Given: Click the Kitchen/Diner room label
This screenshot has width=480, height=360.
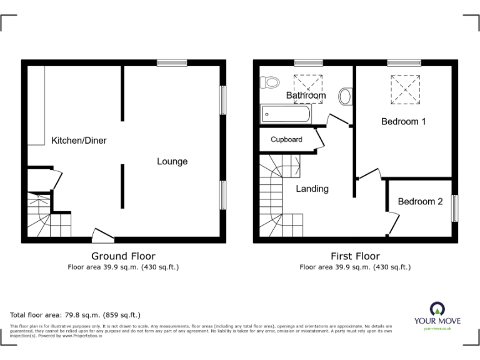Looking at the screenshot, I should tap(79, 141).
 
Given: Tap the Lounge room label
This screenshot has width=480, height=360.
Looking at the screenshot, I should tap(172, 162).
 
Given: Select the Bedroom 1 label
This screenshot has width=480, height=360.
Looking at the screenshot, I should tap(404, 122).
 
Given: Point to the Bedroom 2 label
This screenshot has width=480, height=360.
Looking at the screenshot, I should tap(420, 202).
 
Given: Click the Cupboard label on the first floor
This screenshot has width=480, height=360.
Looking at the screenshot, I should tap(286, 139).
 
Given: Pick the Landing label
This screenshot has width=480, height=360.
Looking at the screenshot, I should tap(312, 189).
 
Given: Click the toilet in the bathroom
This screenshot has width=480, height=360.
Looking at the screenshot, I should tap(271, 82).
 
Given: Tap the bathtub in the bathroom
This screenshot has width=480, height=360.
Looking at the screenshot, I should tap(285, 114).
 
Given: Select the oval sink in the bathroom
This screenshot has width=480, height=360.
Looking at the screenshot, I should tap(345, 97).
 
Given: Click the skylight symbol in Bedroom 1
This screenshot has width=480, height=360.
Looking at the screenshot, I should tap(405, 89).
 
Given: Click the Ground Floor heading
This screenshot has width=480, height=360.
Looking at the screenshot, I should tap(123, 256).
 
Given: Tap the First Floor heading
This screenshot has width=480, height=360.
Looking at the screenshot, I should tap(355, 256).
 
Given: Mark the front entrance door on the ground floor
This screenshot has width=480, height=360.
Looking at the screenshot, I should tap(102, 236).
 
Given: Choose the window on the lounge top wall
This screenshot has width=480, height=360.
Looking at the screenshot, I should tap(172, 62).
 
